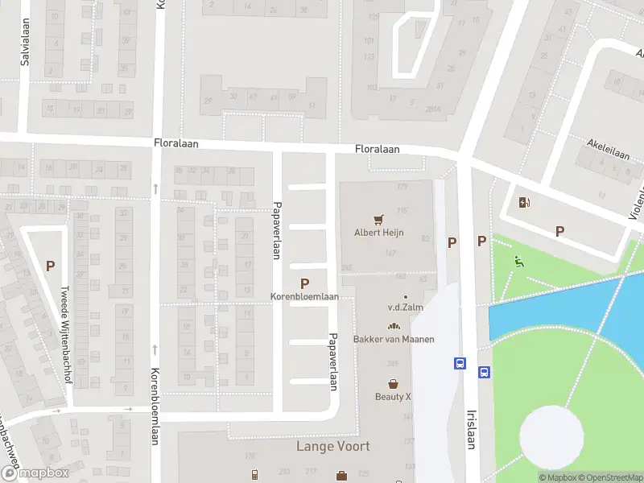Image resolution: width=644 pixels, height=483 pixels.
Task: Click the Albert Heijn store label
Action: pos(379,233)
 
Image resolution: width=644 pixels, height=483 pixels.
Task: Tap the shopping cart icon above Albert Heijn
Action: pos(378,219)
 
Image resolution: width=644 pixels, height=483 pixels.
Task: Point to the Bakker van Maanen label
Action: pos(394,339)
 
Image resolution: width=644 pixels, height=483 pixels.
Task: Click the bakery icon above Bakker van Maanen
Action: pos(394,326)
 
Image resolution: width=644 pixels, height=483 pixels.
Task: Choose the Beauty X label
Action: pos(393,396)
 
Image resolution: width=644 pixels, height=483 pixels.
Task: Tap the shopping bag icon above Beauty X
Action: pos(393,384)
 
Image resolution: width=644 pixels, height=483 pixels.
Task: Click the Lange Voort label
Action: pos(333,446)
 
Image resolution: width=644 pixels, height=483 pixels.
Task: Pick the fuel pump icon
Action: pos(524,203)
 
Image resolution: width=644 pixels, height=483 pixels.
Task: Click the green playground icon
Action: pos(518,260)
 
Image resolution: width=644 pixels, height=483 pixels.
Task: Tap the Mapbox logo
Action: pos(35,473)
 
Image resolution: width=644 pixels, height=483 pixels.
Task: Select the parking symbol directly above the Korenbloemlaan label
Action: pos(304,283)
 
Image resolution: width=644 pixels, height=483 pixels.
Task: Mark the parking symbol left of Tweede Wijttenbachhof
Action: pos(50,266)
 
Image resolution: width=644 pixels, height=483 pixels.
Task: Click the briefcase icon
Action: pos(341,476)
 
